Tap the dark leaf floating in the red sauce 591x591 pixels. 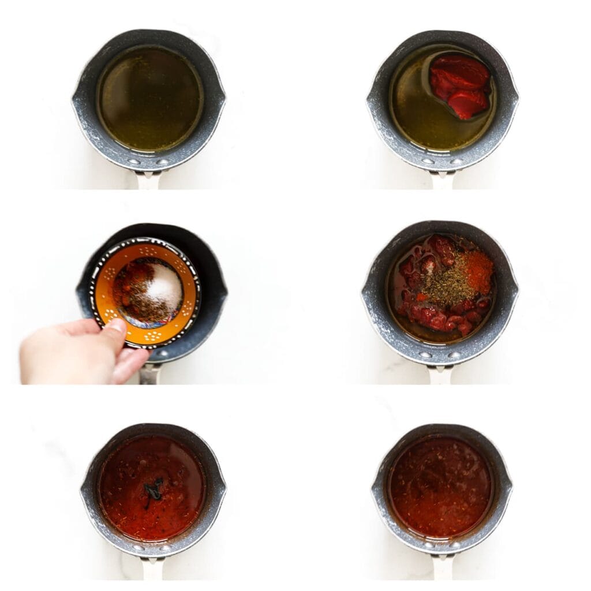pyautogui.click(x=153, y=490)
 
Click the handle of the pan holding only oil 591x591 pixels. pyautogui.click(x=148, y=180)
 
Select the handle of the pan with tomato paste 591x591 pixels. pyautogui.click(x=442, y=180)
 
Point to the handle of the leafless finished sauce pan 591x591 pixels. pyautogui.click(x=441, y=568)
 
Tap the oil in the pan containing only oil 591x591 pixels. pyautogui.click(x=150, y=98)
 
